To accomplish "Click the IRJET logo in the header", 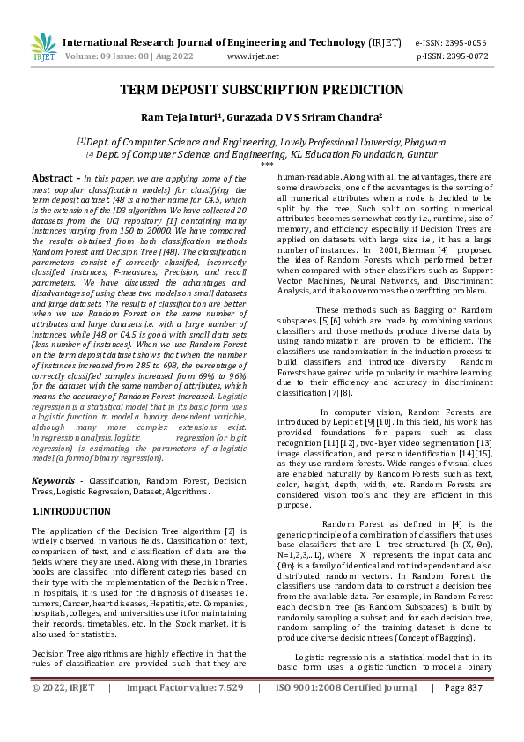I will click(x=43, y=47).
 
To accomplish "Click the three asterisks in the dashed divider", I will click(x=267, y=165).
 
